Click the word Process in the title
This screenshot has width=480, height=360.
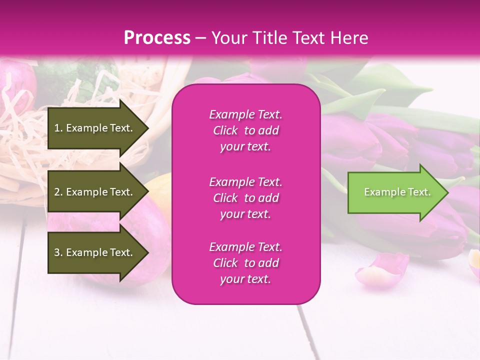pos(157,38)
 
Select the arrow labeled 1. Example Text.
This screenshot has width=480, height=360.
pos(95,128)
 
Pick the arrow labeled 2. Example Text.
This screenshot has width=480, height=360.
pos(95,192)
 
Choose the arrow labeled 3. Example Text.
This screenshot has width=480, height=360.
pos(95,252)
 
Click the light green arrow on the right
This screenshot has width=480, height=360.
pos(395,192)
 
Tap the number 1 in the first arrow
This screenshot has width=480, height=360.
pos(57,128)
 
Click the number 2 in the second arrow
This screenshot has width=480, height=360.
pos(57,192)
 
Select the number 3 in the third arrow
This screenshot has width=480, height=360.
pos(57,252)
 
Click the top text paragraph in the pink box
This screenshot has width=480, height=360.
pos(245,130)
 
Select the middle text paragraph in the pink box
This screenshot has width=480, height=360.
pos(245,198)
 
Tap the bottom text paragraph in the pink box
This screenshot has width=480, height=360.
pos(245,263)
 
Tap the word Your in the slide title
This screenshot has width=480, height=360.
pos(230,38)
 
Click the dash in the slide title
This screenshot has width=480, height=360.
pos(200,38)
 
